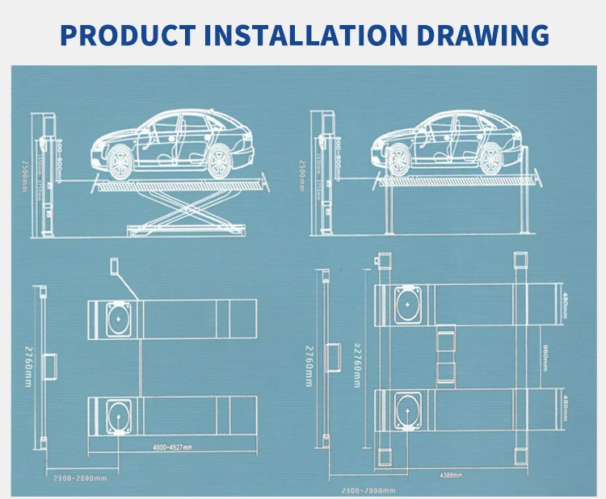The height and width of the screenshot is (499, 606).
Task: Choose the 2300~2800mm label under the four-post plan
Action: (367, 489)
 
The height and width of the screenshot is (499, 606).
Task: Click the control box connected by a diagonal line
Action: (114, 270)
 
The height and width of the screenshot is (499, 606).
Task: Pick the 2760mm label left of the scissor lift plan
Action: (24, 366)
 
